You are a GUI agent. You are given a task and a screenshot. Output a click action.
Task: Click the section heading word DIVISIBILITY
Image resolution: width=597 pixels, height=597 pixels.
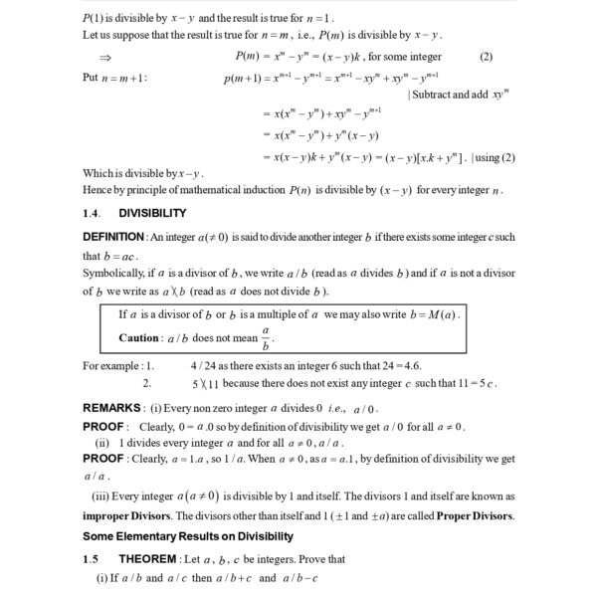[152, 213]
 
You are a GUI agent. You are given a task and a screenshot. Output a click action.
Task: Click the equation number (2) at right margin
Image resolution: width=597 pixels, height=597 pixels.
[486, 57]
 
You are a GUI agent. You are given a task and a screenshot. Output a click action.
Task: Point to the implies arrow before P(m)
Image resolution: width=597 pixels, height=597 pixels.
[105, 58]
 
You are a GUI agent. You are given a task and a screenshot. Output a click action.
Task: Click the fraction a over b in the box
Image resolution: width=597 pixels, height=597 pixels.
[266, 337]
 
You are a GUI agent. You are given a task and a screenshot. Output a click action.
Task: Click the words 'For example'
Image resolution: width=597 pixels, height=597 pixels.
[110, 365]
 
